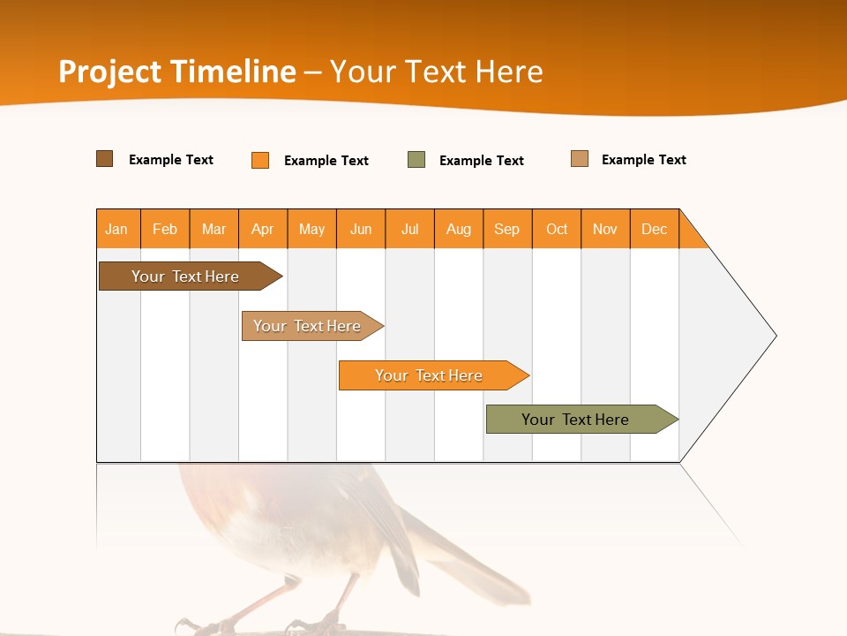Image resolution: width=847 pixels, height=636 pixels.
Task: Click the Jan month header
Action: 117,229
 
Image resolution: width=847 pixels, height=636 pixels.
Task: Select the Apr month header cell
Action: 263,229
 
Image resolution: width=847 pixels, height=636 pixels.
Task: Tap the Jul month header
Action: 409,229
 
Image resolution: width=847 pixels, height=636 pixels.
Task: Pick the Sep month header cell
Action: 507,229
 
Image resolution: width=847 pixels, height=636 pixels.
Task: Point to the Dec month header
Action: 654,229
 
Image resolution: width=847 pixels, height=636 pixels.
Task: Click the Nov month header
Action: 605,229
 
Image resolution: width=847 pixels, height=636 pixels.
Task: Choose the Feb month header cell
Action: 165,229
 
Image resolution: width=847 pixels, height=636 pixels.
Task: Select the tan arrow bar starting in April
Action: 309,326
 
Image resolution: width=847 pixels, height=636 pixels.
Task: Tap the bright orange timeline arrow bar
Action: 430,375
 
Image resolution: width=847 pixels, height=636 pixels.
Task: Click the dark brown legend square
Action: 105,159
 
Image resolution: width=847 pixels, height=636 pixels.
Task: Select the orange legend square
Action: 260,160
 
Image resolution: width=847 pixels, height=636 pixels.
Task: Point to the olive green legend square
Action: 416,160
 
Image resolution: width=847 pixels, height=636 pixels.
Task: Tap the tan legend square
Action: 580,159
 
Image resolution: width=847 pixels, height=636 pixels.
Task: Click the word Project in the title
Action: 110,72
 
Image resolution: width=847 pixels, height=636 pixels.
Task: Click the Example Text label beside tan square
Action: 643,160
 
